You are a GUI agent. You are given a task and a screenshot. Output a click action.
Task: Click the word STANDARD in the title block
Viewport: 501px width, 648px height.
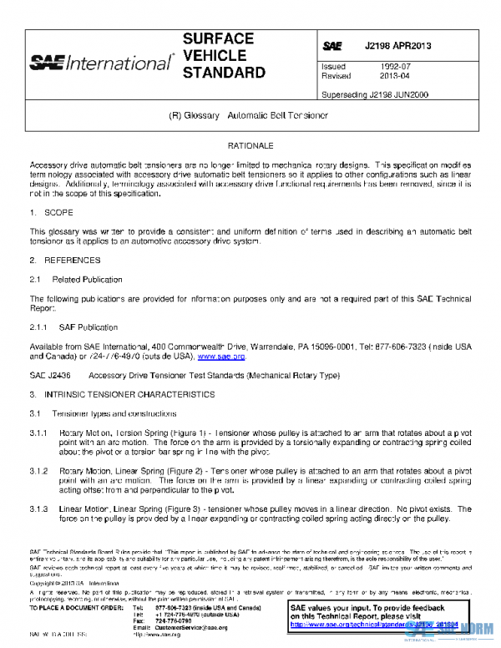click(x=223, y=73)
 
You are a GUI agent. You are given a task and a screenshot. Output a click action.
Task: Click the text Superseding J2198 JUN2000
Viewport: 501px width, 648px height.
click(x=375, y=94)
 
